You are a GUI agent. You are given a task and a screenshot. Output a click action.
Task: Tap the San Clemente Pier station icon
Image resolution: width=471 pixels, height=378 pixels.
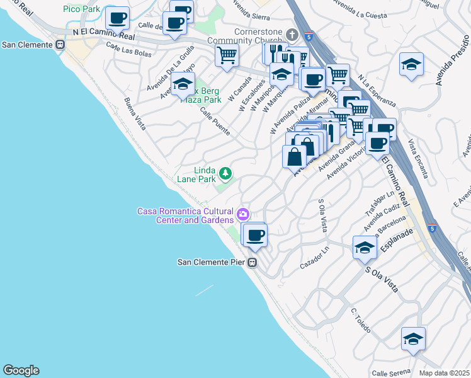click(253, 262)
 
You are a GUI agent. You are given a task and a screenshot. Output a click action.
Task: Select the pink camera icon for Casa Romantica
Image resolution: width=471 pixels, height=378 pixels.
click(242, 215)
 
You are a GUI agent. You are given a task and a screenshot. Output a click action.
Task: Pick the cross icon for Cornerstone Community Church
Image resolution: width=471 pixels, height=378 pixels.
click(292, 34)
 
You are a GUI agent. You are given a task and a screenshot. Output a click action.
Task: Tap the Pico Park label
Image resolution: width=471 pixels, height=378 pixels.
click(81, 9)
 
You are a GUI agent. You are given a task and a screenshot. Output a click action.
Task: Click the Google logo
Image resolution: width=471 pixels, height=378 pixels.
click(21, 370)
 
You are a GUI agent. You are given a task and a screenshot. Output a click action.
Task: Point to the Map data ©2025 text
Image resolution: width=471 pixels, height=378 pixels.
click(445, 373)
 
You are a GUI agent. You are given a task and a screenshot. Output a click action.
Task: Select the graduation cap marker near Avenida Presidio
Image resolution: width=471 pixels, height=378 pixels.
click(411, 64)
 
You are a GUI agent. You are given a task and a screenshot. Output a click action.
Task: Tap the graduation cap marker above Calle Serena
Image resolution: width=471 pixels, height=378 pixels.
click(413, 338)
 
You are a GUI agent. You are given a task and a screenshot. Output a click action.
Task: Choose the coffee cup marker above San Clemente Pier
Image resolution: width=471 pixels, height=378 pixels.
click(254, 235)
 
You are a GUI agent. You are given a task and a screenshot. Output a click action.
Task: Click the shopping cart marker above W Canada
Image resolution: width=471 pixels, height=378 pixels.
click(227, 54)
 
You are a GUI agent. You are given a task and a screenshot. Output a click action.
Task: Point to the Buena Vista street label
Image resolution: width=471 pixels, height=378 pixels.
click(135, 114)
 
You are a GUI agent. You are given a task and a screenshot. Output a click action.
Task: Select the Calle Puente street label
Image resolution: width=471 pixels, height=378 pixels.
click(215, 121)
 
